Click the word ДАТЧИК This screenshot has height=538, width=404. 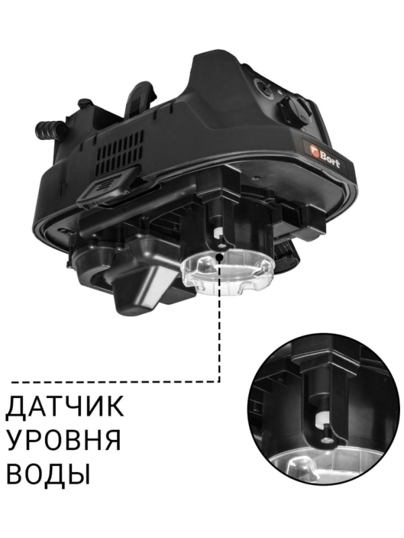pyautogui.click(x=65, y=408)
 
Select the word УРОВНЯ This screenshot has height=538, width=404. pyautogui.click(x=65, y=441)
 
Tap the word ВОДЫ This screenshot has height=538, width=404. pyautogui.click(x=48, y=475)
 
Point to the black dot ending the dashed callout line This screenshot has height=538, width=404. pyautogui.click(x=221, y=258)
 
